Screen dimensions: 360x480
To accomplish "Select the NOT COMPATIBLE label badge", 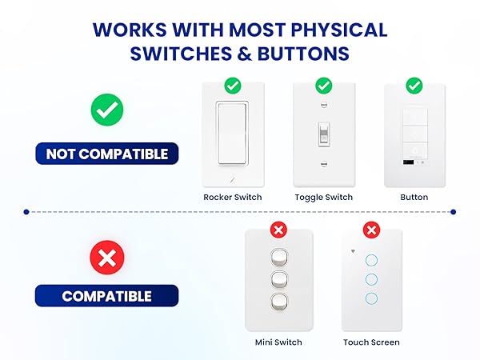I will pyautogui.click(x=106, y=154).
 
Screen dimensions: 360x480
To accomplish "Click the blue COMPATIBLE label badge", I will pyautogui.click(x=106, y=296).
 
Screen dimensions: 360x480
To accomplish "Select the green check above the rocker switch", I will pyautogui.click(x=233, y=84).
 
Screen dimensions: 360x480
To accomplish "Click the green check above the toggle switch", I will pyautogui.click(x=323, y=84).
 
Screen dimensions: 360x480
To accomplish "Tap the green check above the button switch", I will pyautogui.click(x=414, y=84).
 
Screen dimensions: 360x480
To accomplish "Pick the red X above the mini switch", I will pyautogui.click(x=278, y=230).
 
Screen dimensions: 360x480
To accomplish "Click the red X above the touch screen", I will pyautogui.click(x=371, y=230).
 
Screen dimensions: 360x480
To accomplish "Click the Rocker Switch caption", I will pyautogui.click(x=233, y=197).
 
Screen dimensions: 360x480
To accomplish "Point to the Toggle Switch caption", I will pyautogui.click(x=323, y=197).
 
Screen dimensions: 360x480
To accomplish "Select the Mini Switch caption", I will pyautogui.click(x=278, y=342).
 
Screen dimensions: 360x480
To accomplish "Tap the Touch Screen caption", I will pyautogui.click(x=371, y=342).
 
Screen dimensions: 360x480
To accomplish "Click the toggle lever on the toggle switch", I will pyautogui.click(x=323, y=134).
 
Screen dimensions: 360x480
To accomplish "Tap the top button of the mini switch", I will pyautogui.click(x=278, y=257).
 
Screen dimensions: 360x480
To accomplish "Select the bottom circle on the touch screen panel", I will pyautogui.click(x=371, y=298).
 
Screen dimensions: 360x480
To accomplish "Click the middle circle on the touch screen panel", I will pyautogui.click(x=371, y=279).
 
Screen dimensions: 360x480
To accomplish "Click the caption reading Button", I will pyautogui.click(x=414, y=197).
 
